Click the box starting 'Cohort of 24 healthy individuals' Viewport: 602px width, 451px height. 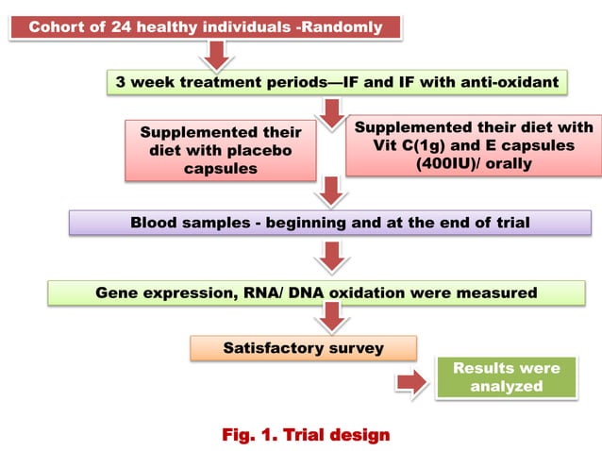[x=206, y=26]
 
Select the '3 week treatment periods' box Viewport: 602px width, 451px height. [x=337, y=82]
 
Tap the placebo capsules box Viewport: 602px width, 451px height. [x=221, y=149]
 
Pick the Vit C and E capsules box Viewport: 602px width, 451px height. [x=474, y=144]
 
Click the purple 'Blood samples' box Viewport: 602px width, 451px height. [x=329, y=223]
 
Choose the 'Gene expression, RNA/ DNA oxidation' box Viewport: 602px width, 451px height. [x=316, y=292]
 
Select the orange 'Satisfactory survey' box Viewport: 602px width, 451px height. [x=303, y=348]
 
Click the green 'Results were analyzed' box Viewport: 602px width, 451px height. [x=506, y=377]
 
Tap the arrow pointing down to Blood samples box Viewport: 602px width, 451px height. [x=329, y=192]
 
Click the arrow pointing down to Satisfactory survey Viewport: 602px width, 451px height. [x=329, y=320]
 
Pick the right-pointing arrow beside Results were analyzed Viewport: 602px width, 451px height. [x=410, y=382]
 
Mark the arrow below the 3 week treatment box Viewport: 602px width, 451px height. [x=330, y=113]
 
